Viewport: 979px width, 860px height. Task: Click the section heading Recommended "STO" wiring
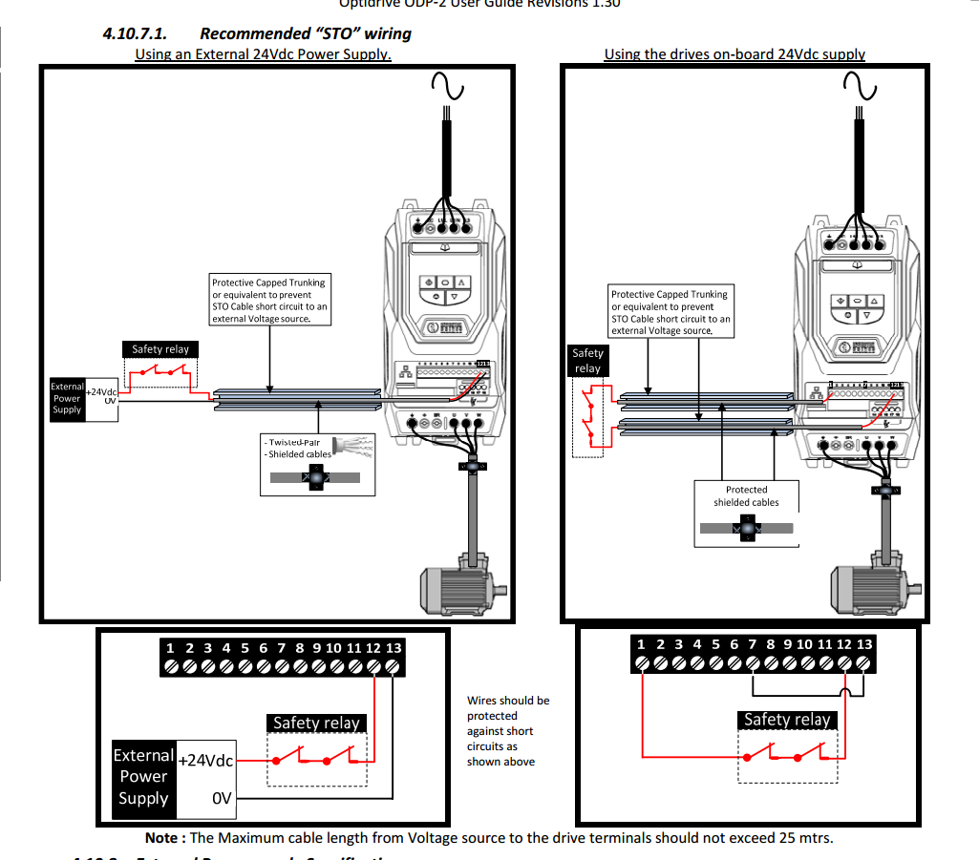305,33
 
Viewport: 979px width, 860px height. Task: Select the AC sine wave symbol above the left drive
446,88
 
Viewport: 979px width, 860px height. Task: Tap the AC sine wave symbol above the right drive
860,88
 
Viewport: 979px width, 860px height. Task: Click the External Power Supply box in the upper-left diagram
67,398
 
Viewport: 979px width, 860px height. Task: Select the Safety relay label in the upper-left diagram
160,349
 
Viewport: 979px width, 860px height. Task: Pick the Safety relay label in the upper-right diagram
587,361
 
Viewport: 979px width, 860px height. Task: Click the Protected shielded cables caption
746,496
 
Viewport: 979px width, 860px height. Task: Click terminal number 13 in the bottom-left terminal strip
394,648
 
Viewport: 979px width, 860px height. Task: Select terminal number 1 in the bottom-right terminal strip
642,644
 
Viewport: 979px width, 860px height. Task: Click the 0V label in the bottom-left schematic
222,798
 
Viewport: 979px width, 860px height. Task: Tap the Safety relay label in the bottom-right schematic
787,720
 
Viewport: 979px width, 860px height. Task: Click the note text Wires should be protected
507,730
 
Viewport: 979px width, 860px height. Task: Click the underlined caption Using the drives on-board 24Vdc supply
734,54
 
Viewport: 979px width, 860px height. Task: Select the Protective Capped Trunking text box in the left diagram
269,300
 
